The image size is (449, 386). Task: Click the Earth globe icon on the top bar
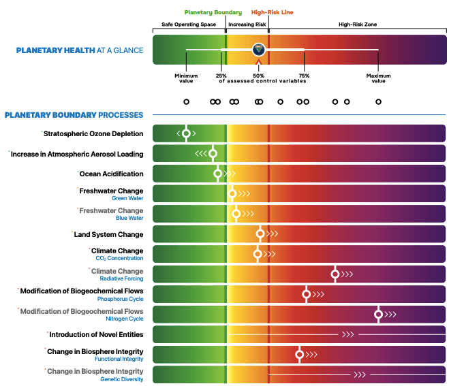259,49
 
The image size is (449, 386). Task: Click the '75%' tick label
304,76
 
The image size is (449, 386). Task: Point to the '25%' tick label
221,76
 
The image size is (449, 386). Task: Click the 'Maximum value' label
378,78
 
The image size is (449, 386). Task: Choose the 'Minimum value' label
186,78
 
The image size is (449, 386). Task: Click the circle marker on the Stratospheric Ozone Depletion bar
186,133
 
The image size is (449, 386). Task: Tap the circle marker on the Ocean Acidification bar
218,174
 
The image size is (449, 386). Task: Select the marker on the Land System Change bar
260,234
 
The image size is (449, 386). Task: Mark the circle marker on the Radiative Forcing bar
335,274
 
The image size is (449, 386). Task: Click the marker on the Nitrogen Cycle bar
378,315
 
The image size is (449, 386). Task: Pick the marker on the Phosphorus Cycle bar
306,295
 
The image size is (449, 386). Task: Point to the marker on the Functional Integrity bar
299,355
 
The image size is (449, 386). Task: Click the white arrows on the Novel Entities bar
347,335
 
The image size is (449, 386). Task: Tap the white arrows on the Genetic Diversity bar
359,375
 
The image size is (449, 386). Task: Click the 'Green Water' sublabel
128,198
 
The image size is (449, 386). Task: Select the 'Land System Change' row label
108,234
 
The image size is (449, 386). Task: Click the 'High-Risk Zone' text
358,25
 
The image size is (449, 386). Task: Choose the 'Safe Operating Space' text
189,25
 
